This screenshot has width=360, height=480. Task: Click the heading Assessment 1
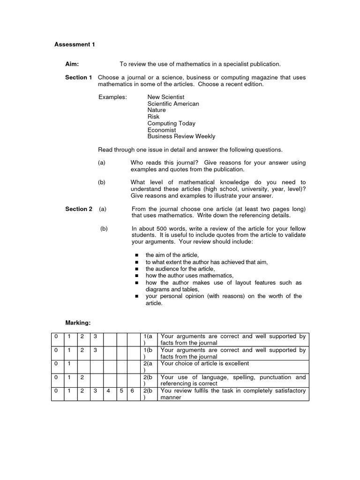coord(75,45)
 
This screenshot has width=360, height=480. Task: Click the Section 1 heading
coord(78,77)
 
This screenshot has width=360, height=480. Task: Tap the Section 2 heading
coord(78,209)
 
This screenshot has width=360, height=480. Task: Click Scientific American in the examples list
coord(173,104)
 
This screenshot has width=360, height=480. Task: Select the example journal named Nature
coord(157,110)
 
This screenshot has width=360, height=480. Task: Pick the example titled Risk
coord(153,117)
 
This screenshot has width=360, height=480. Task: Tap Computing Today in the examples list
coord(171,123)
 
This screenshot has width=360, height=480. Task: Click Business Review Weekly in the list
coord(181,136)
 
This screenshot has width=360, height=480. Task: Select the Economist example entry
coord(162,130)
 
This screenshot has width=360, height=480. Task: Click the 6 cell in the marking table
coord(133,390)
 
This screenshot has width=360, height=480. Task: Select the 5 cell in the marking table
coord(121,390)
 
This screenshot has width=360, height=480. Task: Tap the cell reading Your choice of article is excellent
coord(205,363)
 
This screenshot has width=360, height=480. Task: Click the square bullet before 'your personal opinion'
coord(136,297)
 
